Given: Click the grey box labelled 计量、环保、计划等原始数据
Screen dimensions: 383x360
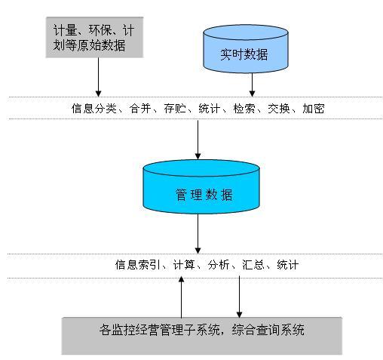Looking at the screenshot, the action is (x=94, y=37).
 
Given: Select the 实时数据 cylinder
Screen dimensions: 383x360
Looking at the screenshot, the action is (x=246, y=49).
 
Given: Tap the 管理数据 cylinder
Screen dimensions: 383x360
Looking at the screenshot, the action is (x=201, y=187).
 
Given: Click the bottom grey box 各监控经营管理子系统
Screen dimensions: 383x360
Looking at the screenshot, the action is (x=202, y=336).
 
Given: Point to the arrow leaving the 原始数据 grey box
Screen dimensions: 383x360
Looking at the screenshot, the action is (x=99, y=77).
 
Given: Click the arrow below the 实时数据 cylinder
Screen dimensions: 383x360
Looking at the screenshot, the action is (x=252, y=85).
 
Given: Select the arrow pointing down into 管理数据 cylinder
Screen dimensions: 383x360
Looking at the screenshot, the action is (x=198, y=140).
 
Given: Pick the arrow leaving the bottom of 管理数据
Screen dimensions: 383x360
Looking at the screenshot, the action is (x=198, y=234).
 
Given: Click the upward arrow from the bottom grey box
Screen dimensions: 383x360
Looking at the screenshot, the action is (x=181, y=297).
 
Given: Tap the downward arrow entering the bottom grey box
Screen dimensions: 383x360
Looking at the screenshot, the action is (x=239, y=297).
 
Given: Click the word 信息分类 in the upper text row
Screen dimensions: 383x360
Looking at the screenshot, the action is (x=94, y=109).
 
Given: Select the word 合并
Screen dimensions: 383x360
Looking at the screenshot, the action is (x=140, y=109).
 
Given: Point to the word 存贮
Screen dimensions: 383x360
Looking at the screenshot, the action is (x=175, y=109).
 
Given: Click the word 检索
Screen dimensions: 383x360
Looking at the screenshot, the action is (x=244, y=109).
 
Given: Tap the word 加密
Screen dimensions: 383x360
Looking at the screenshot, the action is (x=314, y=109).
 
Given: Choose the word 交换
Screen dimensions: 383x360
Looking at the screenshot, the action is (x=279, y=109).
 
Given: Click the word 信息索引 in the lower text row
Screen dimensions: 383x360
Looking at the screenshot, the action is (x=138, y=265).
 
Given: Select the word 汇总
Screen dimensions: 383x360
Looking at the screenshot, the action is (x=253, y=265).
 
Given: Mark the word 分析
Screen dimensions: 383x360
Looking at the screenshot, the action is (x=219, y=265).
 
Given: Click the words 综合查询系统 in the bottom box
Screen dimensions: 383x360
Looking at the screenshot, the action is (x=268, y=330).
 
